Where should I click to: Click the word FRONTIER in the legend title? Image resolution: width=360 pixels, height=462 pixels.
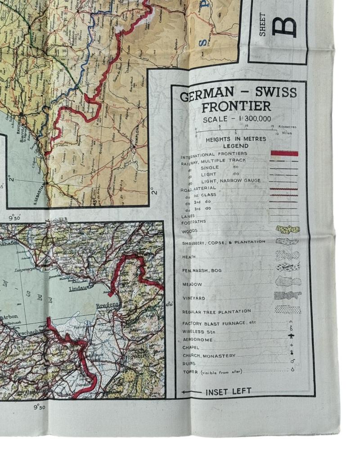236,107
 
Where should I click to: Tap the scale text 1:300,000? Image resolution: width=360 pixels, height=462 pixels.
238,119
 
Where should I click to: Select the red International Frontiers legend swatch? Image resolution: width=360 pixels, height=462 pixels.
284,153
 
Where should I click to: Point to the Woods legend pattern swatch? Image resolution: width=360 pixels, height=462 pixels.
287,229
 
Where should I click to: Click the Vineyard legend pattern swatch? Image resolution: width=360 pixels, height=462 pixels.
287,296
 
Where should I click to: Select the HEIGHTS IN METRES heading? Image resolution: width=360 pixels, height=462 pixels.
236,139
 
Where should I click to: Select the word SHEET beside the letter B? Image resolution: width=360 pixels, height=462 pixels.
263,25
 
